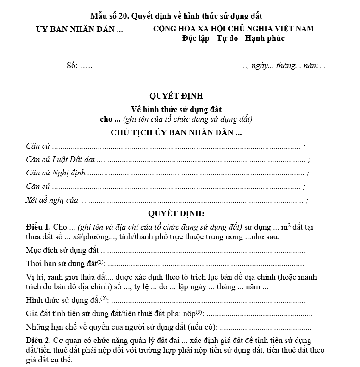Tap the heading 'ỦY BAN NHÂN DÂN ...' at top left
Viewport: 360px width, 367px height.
80,29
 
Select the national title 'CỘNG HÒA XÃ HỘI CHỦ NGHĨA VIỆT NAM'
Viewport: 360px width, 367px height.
233,29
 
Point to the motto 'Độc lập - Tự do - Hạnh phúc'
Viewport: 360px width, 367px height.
233,38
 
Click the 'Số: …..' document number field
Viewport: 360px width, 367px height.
80,66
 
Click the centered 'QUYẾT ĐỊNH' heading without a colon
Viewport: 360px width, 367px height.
176,96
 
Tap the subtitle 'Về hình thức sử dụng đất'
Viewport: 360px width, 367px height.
176,110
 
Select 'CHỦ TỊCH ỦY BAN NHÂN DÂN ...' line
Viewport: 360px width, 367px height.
176,132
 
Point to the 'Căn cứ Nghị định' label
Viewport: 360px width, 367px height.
56,174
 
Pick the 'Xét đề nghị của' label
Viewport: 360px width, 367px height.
52,200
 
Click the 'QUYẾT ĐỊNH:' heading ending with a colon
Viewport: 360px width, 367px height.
176,214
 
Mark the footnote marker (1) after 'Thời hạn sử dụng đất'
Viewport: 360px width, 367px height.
101,262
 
